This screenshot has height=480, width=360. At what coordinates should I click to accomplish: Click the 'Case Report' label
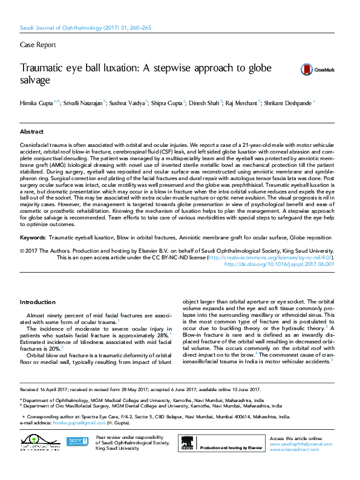pos(38,45)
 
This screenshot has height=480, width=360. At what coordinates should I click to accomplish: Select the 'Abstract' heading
pos(31,131)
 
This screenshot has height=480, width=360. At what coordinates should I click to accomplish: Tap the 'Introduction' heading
pos(38,302)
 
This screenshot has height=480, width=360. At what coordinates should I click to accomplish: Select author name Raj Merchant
pos(240,103)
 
